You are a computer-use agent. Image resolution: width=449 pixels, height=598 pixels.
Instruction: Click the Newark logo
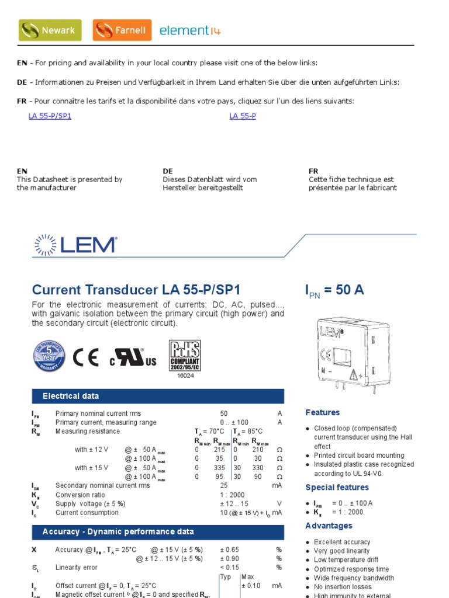point(50,30)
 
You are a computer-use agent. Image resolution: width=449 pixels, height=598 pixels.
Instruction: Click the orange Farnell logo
point(122,30)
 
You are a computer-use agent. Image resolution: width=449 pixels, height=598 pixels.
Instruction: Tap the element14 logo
point(184,30)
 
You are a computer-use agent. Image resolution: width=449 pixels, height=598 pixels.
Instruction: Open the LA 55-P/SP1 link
point(50,116)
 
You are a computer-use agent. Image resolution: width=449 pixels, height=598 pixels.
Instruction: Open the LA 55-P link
point(243,116)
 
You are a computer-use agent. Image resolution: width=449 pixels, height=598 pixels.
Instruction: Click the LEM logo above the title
point(75,245)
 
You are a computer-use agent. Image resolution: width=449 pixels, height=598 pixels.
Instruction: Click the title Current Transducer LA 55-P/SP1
point(136,290)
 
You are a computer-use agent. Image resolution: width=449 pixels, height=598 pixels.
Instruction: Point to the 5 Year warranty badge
point(49,356)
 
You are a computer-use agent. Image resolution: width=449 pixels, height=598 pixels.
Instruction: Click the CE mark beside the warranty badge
point(85,357)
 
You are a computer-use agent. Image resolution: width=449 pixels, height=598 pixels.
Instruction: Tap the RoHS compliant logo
point(185,355)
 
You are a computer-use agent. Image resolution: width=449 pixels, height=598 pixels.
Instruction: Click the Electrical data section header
point(71,397)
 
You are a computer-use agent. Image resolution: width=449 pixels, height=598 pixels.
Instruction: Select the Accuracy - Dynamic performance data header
point(118,532)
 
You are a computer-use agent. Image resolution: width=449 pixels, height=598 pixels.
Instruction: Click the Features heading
point(322,413)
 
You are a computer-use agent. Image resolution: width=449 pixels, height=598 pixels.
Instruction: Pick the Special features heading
point(337,488)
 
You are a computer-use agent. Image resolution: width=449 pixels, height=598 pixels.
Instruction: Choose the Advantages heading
point(329,526)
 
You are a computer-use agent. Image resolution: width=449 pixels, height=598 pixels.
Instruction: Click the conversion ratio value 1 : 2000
point(234,495)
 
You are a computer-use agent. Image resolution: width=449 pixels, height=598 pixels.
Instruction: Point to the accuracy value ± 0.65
point(232,550)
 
